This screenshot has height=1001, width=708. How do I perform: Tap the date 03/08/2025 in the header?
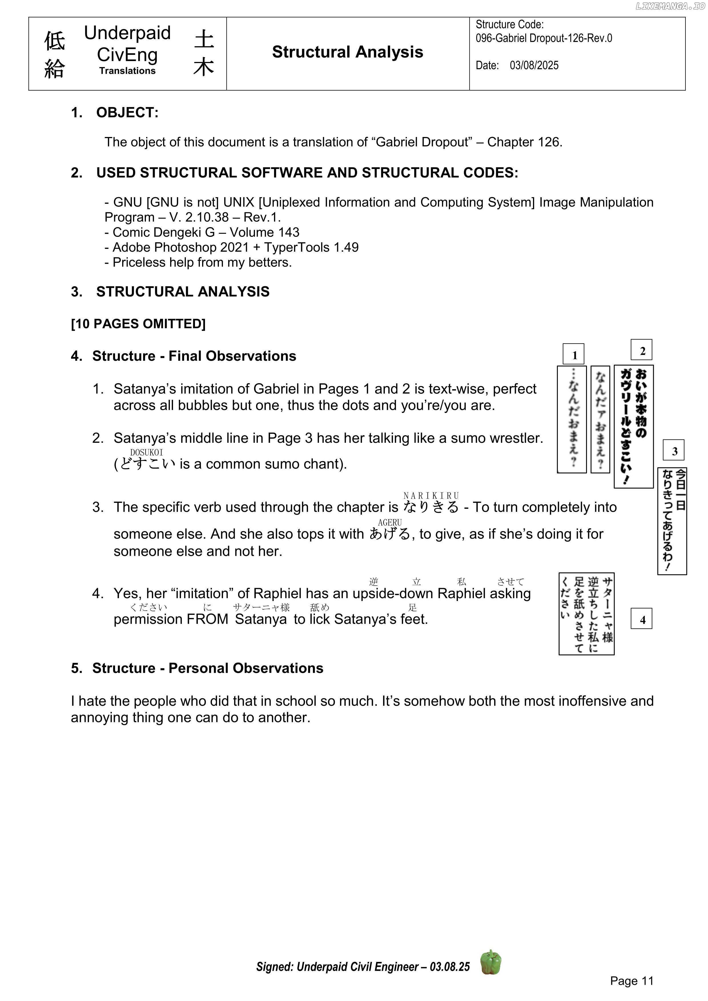[x=534, y=65]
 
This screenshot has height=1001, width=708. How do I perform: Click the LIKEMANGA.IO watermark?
[x=670, y=6]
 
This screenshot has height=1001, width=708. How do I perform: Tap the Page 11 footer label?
[x=632, y=981]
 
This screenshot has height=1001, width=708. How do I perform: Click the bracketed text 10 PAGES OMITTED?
[x=138, y=324]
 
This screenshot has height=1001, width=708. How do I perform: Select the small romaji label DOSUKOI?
[x=146, y=453]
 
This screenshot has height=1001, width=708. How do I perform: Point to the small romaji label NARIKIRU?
[x=431, y=496]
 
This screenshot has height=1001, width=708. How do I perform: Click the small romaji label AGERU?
[x=390, y=522]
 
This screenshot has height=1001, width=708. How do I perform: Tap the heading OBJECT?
[x=127, y=112]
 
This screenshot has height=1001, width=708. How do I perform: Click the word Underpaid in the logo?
[x=127, y=33]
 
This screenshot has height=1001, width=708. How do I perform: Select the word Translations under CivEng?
[x=127, y=71]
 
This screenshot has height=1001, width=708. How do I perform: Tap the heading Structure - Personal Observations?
[x=207, y=668]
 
